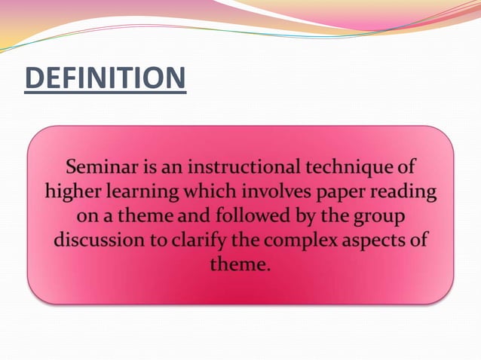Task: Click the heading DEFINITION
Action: coord(105,79)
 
